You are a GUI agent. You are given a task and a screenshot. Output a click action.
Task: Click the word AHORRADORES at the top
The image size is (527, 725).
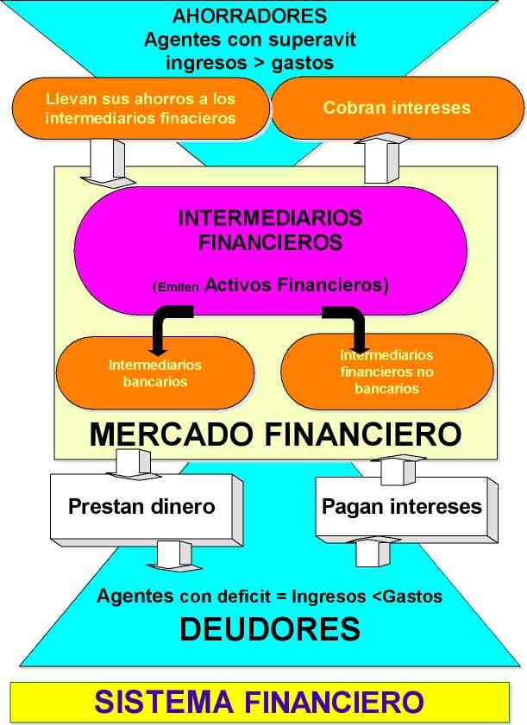250,16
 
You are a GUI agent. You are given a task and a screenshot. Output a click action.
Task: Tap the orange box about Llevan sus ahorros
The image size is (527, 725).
141,109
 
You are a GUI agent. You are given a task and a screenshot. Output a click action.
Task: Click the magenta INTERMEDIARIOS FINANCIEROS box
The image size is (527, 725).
270,250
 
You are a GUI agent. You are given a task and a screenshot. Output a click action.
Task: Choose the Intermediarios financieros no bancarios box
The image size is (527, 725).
387,372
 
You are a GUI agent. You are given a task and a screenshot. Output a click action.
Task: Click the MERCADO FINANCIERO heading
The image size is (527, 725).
275,434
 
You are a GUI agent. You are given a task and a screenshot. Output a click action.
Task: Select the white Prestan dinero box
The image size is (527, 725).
141,505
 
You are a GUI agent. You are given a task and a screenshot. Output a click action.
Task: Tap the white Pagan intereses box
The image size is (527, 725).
401,505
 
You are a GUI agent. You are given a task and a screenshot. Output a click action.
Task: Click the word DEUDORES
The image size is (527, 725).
269,630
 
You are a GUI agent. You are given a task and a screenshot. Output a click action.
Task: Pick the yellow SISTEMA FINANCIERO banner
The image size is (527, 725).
260,702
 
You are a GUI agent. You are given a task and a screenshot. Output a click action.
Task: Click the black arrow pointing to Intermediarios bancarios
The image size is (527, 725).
162,332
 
